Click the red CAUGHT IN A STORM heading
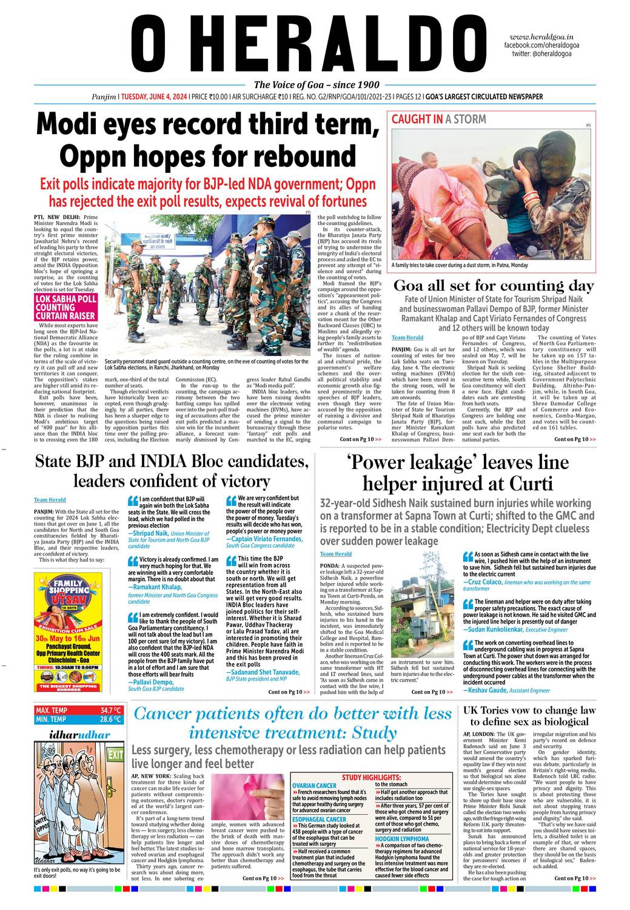[x=438, y=120]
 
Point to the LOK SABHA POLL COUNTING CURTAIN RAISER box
[x=65, y=308]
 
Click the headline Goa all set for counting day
[x=494, y=286]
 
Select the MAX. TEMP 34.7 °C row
[x=78, y=710]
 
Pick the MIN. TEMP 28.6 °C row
[x=78, y=720]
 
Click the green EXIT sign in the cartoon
[x=115, y=755]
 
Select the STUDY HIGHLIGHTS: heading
[x=371, y=777]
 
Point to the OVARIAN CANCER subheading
[x=314, y=786]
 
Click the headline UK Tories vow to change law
[x=529, y=710]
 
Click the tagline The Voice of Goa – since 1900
[x=317, y=85]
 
